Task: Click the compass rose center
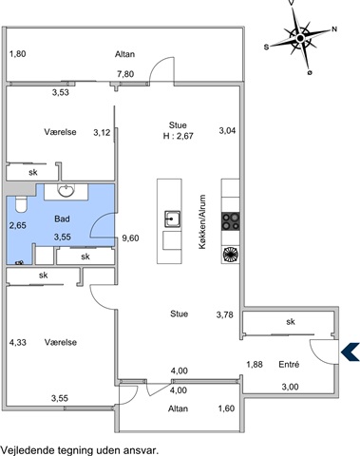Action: pyautogui.click(x=300, y=38)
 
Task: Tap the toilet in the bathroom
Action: pyautogui.click(x=22, y=204)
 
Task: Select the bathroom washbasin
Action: pyautogui.click(x=66, y=190)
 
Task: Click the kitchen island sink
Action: pyautogui.click(x=172, y=219)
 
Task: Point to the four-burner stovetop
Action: pyautogui.click(x=231, y=221)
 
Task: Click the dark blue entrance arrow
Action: pyautogui.click(x=351, y=351)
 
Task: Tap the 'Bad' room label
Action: pyautogui.click(x=62, y=218)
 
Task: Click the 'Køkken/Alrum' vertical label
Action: pyautogui.click(x=202, y=221)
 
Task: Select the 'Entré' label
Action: pyautogui.click(x=289, y=365)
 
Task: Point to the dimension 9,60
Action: pyautogui.click(x=130, y=238)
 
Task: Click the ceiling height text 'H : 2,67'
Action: pyautogui.click(x=179, y=136)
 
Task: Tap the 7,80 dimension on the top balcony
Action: pyautogui.click(x=125, y=74)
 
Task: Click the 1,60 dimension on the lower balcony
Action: pyautogui.click(x=226, y=408)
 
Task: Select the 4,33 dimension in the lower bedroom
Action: pyautogui.click(x=18, y=342)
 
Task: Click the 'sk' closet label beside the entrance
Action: pyautogui.click(x=291, y=322)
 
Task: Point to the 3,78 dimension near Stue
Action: pyautogui.click(x=225, y=314)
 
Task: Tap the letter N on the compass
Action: pyautogui.click(x=334, y=29)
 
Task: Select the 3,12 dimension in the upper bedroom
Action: pyautogui.click(x=102, y=133)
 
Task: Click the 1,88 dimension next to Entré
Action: pyautogui.click(x=255, y=365)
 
